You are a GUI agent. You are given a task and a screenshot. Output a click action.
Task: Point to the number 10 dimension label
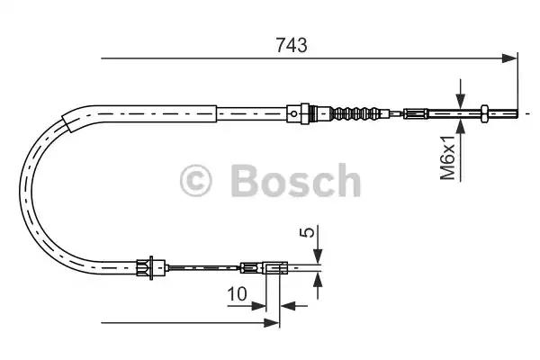pyautogui.click(x=238, y=292)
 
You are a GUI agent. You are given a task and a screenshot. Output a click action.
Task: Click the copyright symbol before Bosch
pyautogui.click(x=196, y=180)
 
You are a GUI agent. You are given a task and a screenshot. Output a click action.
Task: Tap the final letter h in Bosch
pyautogui.click(x=346, y=180)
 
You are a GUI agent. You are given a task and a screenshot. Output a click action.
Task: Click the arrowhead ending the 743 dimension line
pyautogui.click(x=511, y=59)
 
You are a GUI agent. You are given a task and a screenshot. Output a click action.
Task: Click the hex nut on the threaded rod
pyautogui.click(x=486, y=113)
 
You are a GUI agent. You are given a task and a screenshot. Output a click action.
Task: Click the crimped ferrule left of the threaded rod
pyautogui.click(x=415, y=113)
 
